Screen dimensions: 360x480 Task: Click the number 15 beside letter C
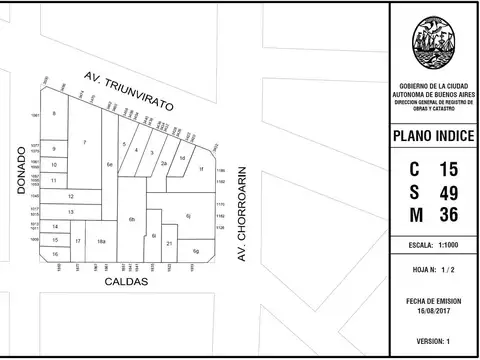pyautogui.click(x=448, y=168)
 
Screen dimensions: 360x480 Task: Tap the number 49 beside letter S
pyautogui.click(x=448, y=191)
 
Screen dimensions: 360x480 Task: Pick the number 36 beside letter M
pyautogui.click(x=448, y=214)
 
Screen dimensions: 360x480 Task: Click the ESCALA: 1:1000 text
pyautogui.click(x=434, y=245)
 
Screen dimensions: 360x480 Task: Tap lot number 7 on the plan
pyautogui.click(x=84, y=142)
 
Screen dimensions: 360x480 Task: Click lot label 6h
pyautogui.click(x=131, y=218)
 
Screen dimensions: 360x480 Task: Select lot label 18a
pyautogui.click(x=101, y=242)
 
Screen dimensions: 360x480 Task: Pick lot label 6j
pyautogui.click(x=187, y=215)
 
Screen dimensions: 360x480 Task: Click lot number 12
pyautogui.click(x=70, y=196)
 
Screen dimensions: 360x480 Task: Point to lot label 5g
pyautogui.click(x=196, y=250)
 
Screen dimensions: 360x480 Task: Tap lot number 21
pyautogui.click(x=170, y=243)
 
